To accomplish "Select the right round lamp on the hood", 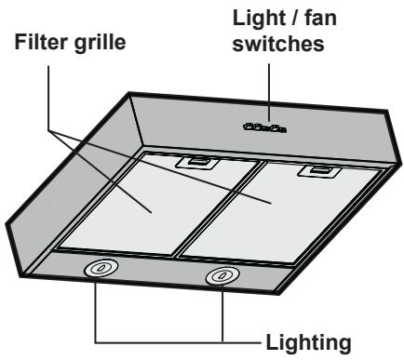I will click(221, 275).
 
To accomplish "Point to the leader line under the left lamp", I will click(98, 307).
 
